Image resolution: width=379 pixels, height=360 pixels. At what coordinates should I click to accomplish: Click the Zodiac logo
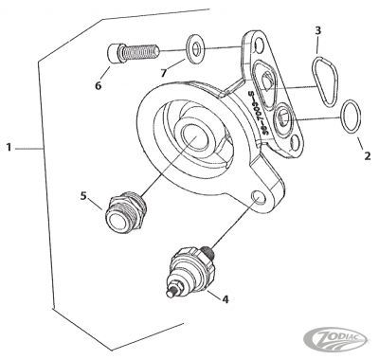pyautogui.click(x=342, y=337)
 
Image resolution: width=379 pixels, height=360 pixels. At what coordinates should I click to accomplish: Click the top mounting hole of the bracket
pyautogui.click(x=255, y=42)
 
